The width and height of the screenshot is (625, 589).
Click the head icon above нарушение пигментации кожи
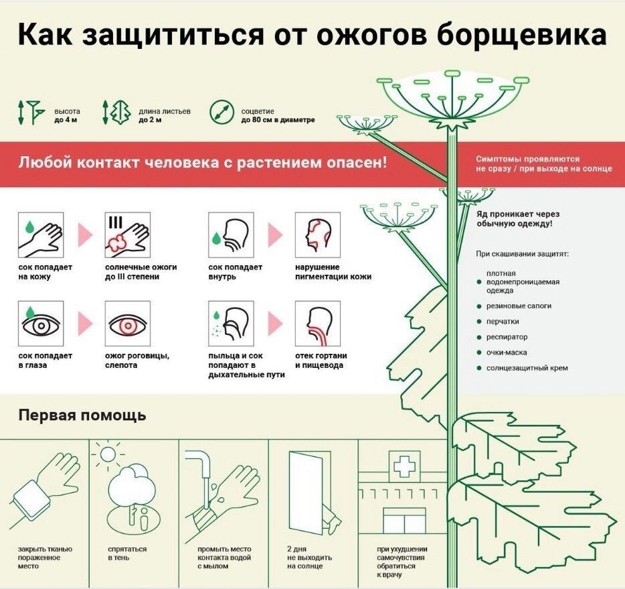point(318,235)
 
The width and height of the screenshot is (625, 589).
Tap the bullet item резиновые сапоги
point(519,306)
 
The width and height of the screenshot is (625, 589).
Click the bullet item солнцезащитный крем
point(527,368)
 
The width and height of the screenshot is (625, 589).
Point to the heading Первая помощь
point(82,415)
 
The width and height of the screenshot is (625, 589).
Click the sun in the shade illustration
point(107,454)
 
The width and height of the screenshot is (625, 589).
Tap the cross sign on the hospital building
point(403,464)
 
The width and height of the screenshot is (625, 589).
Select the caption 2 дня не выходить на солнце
point(308,558)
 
